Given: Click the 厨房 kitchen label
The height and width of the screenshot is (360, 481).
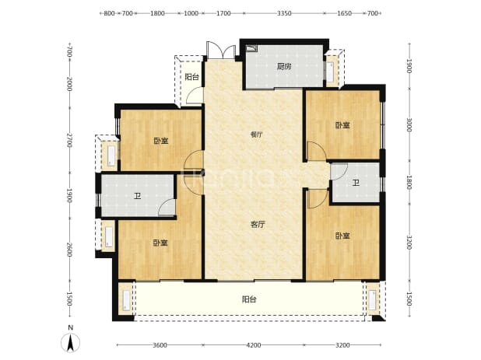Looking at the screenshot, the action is tap(284, 66).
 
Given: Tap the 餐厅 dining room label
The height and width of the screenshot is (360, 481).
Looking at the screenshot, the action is tap(257, 135).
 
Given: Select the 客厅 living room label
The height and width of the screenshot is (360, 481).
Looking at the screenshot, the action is tap(257, 225).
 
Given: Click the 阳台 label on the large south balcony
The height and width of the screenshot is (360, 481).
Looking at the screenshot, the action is tap(249, 299).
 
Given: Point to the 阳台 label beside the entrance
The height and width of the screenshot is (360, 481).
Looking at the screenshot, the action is tap(192, 77).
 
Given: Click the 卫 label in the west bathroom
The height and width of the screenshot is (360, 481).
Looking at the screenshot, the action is tap(138, 196).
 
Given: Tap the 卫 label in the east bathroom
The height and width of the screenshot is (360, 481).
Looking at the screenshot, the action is tap(356, 183).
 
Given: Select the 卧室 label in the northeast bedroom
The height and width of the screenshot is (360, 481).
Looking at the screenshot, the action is tap(342, 125).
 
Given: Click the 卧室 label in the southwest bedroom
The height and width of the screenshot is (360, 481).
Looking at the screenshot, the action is tap(161, 243).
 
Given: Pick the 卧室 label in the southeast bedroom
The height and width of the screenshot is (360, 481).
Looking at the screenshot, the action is tap(342, 236).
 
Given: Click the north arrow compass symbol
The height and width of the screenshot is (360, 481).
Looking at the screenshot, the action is tap(70, 342).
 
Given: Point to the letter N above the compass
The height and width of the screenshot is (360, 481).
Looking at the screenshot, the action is tap(71, 327).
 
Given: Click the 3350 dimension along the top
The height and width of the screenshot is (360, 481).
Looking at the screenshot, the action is tap(284, 13).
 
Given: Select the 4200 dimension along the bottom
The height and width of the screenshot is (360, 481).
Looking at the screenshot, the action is tap(254, 345).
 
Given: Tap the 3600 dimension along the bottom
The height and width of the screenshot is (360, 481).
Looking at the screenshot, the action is tap(160, 345).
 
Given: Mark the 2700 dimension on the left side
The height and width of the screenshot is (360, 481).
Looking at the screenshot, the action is tap(69, 140).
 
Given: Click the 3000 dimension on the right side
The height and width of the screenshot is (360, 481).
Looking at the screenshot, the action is tap(409, 125).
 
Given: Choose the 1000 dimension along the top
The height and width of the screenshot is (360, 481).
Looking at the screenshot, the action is tap(191, 13).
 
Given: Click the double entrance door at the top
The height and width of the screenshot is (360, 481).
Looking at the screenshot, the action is tap(221, 51).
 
